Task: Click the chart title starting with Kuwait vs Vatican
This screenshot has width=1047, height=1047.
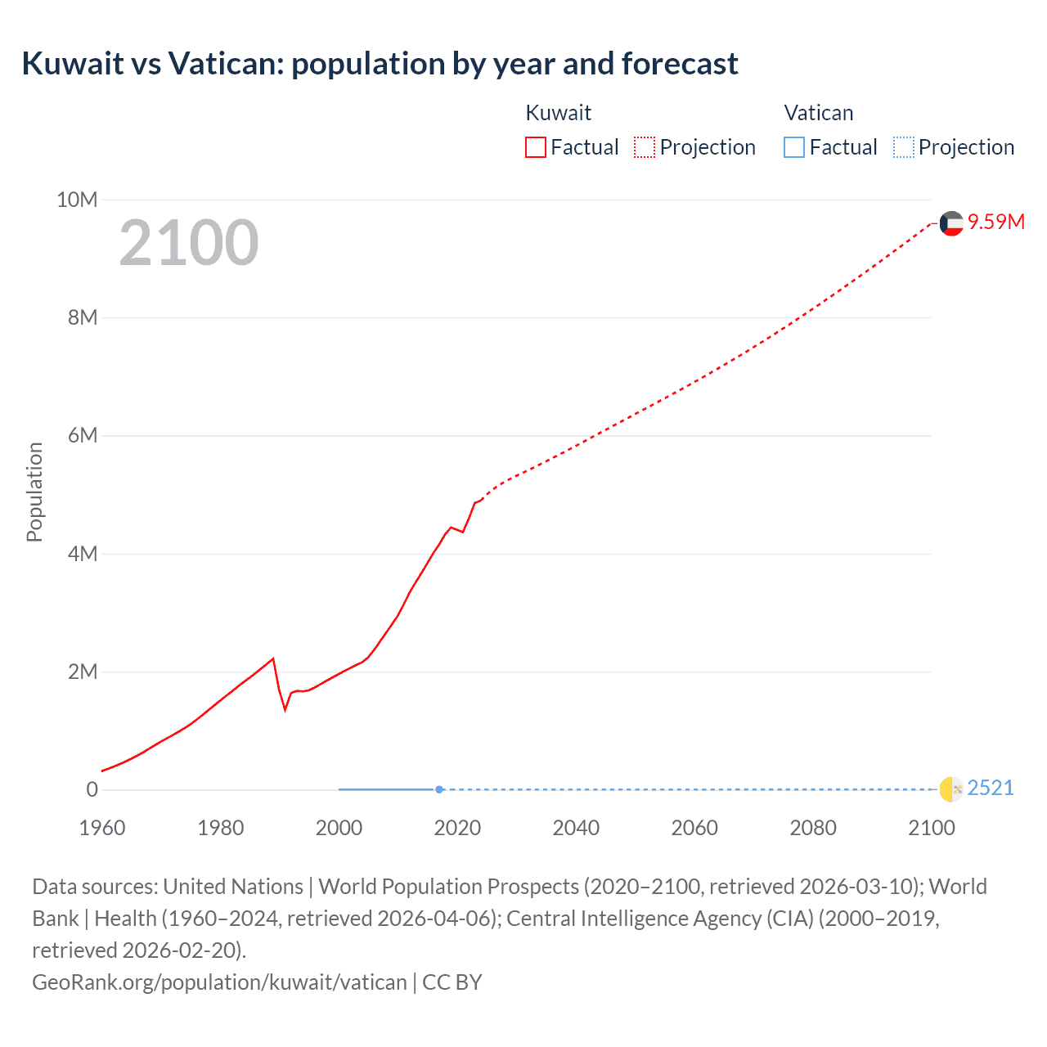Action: [380, 64]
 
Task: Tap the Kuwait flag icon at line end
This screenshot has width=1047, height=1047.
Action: [951, 223]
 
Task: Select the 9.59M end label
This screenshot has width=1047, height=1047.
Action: [995, 222]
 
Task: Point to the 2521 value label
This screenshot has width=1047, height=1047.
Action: [990, 789]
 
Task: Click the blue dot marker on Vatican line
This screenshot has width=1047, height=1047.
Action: [439, 789]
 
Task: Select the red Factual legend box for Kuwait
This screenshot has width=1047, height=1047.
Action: [535, 147]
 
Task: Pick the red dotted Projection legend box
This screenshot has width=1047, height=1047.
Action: [645, 147]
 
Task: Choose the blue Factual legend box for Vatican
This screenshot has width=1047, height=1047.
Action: [793, 147]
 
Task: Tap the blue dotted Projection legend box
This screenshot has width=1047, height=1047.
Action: [903, 147]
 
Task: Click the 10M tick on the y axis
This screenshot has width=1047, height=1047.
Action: [76, 200]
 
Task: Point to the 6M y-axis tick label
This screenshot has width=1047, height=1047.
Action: [82, 436]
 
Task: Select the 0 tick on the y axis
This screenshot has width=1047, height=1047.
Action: [92, 789]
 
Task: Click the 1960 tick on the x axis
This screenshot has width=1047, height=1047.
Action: [102, 828]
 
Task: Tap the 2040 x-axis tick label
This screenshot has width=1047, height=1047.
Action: [576, 828]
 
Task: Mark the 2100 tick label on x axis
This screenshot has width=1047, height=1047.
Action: [931, 828]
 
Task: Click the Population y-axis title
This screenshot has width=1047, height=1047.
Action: [34, 492]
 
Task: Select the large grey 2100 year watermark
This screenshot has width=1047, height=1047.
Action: [189, 243]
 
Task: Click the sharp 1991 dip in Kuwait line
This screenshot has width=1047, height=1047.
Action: [285, 709]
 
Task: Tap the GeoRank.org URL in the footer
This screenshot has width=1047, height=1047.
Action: [219, 982]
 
